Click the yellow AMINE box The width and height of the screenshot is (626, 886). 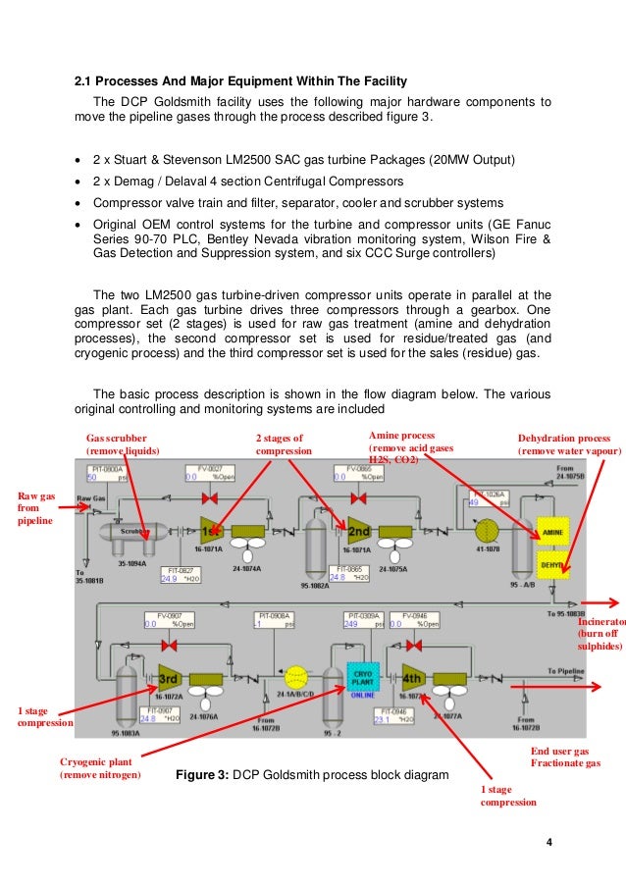(x=552, y=531)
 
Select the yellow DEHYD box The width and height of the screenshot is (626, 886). (x=552, y=563)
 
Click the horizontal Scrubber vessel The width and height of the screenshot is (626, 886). (x=128, y=532)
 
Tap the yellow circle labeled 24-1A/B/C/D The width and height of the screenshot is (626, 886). (x=294, y=678)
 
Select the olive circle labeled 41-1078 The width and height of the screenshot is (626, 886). (x=488, y=531)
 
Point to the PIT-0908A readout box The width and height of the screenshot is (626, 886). (x=275, y=620)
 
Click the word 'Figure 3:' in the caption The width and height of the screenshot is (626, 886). (x=201, y=775)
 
